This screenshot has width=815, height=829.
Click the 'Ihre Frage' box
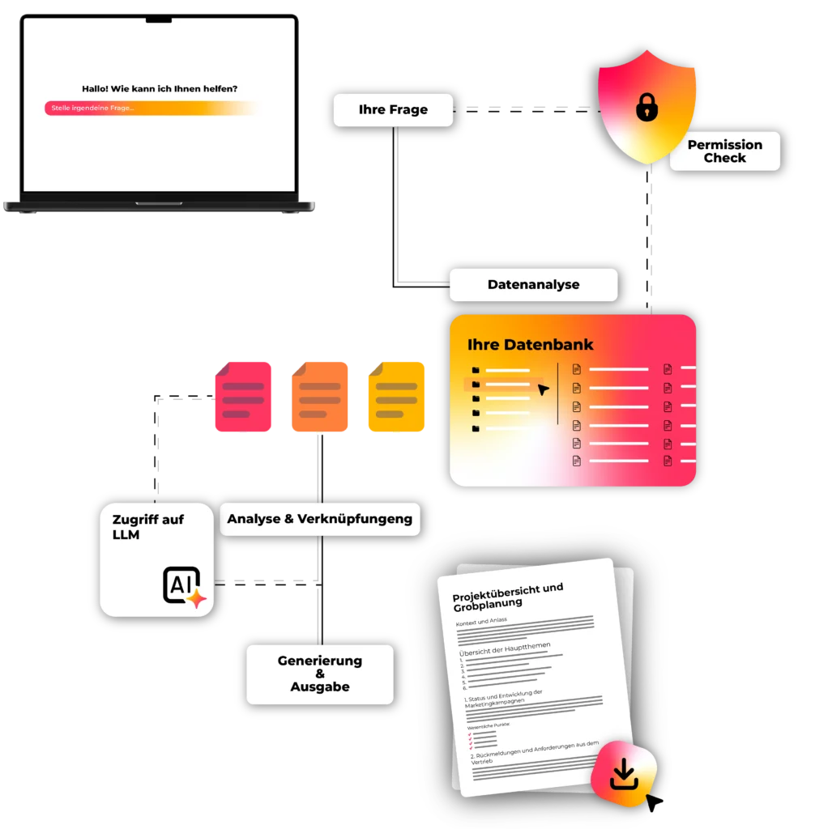[393, 109]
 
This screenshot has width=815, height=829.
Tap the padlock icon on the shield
[646, 107]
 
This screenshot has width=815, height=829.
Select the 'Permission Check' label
[724, 151]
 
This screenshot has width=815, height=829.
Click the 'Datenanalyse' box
[533, 285]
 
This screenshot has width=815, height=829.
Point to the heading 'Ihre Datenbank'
[530, 345]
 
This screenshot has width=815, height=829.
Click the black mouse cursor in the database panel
[543, 389]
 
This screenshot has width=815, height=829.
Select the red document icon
[242, 397]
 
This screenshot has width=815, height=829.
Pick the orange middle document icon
[320, 397]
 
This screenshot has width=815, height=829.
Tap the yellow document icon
[396, 397]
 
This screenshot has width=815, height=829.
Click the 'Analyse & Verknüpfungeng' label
[319, 519]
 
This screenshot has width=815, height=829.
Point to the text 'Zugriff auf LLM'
[148, 527]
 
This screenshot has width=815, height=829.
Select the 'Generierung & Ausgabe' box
[319, 674]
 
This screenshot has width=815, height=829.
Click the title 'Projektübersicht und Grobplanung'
[507, 597]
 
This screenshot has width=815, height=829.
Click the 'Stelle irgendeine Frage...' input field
[150, 108]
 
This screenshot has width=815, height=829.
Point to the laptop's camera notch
[159, 18]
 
